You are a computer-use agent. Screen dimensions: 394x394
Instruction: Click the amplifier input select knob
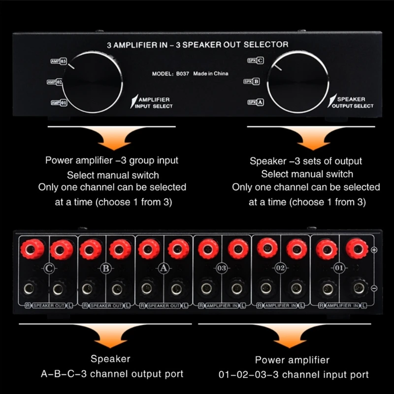(93, 82)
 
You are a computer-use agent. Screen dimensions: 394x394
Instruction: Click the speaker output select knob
(298, 82)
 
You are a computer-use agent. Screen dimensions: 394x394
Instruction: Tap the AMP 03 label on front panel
(59, 61)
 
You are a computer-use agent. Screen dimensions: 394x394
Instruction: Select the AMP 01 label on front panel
(59, 102)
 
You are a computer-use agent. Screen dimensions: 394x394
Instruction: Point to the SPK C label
(256, 61)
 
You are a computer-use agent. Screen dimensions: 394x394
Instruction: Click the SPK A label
(256, 102)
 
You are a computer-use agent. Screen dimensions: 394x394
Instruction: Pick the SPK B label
(252, 81)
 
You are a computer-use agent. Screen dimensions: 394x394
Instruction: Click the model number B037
(182, 73)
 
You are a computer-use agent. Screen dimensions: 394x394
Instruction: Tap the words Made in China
(211, 73)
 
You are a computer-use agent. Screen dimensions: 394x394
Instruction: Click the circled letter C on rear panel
(49, 268)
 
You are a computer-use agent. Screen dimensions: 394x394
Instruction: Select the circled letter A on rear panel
(164, 268)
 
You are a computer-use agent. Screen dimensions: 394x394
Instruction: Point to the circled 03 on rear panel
(222, 268)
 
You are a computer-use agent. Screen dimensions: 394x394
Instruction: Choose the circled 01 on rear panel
(339, 268)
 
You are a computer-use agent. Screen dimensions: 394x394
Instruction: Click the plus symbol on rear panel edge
(374, 250)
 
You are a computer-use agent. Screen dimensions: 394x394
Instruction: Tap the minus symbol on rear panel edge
(374, 288)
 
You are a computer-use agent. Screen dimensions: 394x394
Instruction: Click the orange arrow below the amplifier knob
(114, 138)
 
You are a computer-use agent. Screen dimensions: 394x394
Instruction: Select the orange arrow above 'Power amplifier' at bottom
(289, 336)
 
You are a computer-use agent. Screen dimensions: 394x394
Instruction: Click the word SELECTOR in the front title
(266, 44)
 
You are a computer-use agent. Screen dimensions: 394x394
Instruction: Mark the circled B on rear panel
(106, 268)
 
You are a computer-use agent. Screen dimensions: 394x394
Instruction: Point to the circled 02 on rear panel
(280, 268)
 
